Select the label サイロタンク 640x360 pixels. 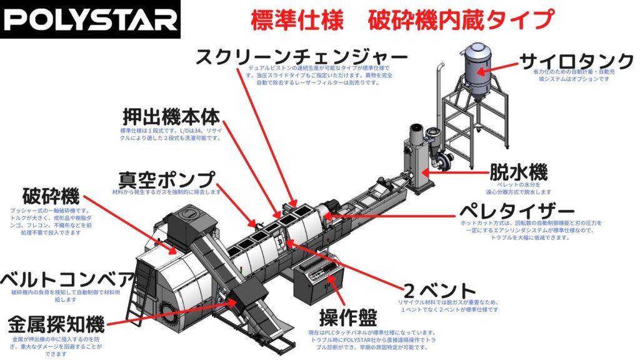coord(576,61)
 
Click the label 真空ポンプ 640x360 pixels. coord(166,179)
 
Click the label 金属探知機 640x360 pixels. coord(56,324)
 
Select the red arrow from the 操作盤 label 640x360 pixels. coord(334,291)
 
